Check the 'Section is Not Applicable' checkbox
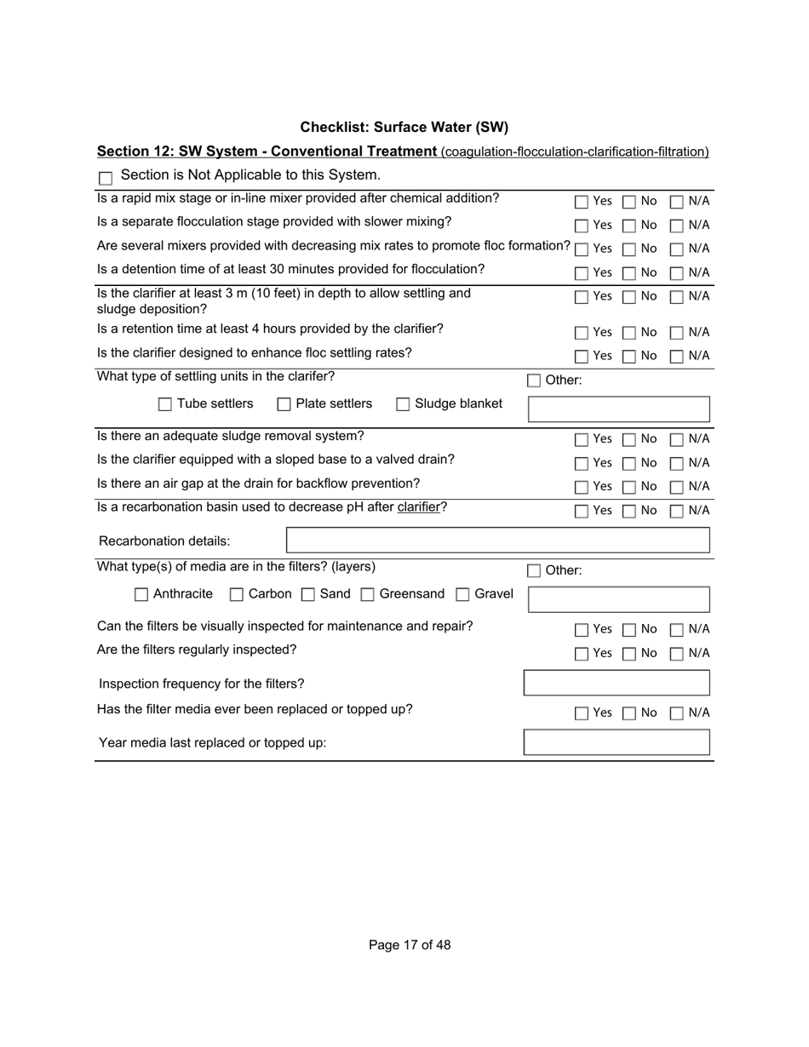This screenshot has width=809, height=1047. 106,178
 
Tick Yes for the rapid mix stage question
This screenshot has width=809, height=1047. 582,202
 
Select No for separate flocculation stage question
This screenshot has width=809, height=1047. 629,226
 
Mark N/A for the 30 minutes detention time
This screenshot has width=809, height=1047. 677,273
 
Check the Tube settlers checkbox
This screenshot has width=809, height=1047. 165,404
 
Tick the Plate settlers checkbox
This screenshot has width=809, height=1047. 284,404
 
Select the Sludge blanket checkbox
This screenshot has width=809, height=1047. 403,404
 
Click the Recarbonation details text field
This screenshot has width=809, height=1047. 497,541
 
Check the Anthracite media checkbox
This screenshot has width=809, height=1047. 141,594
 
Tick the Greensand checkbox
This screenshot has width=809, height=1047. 368,594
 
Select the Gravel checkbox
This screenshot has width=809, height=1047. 462,594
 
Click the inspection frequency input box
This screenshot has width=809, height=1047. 617,684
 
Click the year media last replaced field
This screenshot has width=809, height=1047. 617,742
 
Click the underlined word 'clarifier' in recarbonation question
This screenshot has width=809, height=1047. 418,507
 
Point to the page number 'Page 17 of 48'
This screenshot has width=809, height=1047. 410,945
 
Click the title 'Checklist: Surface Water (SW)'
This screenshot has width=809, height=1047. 404,128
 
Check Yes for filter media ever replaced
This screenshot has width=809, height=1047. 582,713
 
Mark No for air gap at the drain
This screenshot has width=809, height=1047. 629,487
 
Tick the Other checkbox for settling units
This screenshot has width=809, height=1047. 534,380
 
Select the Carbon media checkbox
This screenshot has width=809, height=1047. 237,594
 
